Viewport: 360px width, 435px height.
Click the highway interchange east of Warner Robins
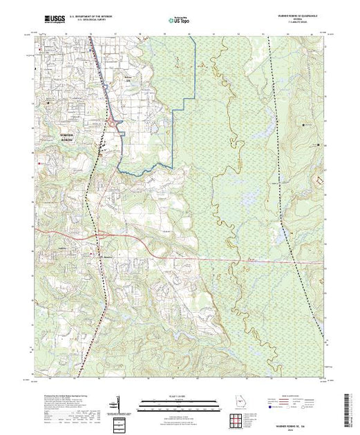pos(114,124)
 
